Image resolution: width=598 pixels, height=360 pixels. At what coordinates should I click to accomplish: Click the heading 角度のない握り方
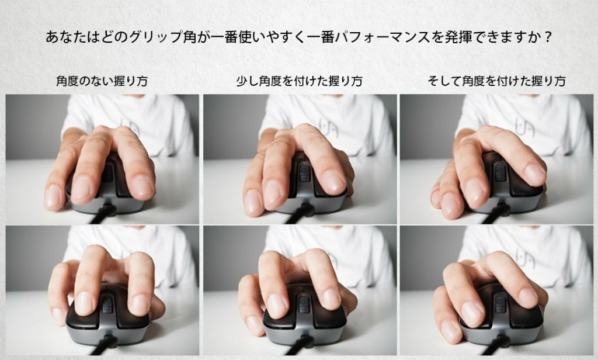click(x=102, y=81)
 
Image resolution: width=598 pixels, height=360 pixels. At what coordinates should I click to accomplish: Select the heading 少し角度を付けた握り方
click(x=300, y=81)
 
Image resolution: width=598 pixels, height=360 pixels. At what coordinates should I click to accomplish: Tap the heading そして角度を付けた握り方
click(x=496, y=81)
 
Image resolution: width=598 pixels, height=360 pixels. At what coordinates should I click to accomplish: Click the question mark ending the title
click(x=548, y=37)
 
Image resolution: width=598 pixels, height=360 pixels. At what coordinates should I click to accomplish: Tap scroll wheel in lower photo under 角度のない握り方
click(x=107, y=305)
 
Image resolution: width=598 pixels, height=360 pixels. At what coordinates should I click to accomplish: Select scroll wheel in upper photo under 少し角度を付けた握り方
click(x=304, y=172)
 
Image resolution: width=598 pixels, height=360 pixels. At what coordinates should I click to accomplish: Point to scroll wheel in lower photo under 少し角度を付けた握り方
click(x=304, y=304)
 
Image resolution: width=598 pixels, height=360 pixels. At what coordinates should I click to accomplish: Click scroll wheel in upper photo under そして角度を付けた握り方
click(x=500, y=171)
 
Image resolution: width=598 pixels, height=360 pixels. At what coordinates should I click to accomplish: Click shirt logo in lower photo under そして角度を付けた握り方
click(x=524, y=258)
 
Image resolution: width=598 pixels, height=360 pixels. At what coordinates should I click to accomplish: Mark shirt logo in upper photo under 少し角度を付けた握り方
click(x=328, y=127)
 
